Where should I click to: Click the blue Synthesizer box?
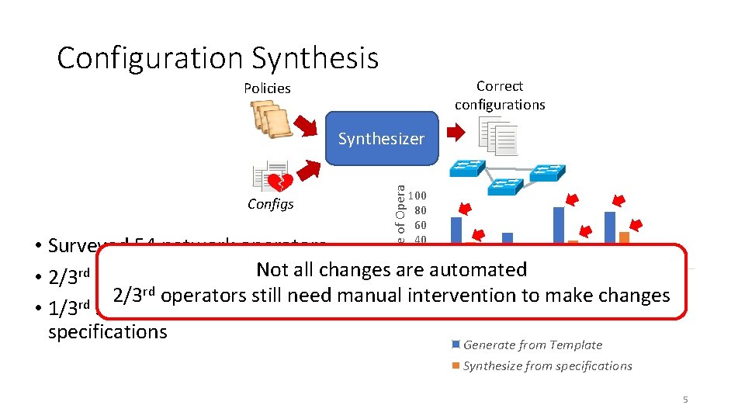381,140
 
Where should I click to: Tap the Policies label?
267,88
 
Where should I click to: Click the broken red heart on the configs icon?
280,182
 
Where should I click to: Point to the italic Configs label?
270,204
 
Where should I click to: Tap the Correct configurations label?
500,95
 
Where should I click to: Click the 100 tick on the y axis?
418,196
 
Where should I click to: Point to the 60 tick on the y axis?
420,225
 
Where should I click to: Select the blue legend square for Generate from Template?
456,345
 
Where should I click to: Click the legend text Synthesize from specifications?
547,366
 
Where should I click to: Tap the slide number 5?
685,400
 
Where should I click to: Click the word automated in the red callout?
483,270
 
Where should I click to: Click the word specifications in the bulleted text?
107,332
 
